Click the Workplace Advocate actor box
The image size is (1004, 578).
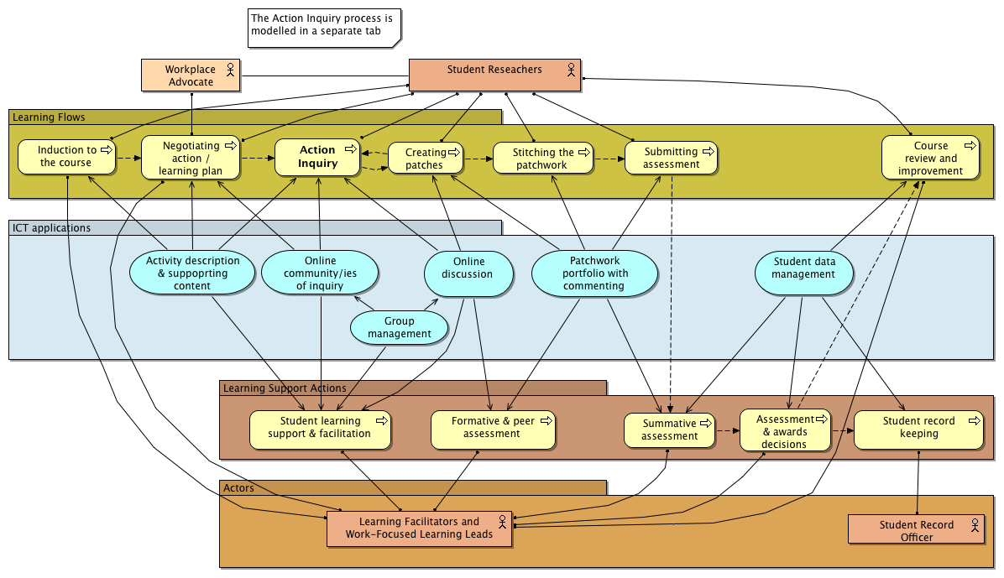pos(190,76)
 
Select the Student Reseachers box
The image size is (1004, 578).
pos(494,75)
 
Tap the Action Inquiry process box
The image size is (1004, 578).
pos(317,157)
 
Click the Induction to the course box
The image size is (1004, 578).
pos(66,157)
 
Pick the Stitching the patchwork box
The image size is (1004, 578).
pos(542,158)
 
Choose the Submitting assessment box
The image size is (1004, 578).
pos(671,158)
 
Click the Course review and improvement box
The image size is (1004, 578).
pos(930,158)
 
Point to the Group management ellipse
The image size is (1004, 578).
pos(400,327)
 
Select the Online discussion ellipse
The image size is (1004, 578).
pos(468,273)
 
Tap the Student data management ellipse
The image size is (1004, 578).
pos(804,268)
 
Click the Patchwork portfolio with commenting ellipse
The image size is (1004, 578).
pos(594,273)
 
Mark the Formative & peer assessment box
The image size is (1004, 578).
pos(493,429)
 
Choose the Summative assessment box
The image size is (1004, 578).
pos(670,430)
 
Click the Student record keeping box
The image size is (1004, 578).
pos(919,428)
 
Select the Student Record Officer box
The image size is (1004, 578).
pos(916,530)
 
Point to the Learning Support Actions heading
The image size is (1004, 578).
pos(285,388)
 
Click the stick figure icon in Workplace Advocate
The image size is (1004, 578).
pos(229,70)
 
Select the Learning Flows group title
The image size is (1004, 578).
pos(49,117)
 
